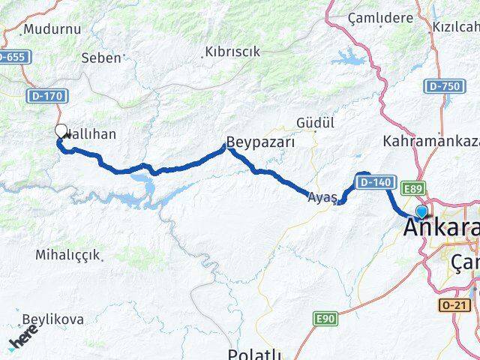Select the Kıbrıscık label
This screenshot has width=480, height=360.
coord(232,52)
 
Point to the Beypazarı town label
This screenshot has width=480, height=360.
coord(262,141)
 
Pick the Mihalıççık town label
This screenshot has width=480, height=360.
coord(67,255)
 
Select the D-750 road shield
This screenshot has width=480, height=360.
coord(445,87)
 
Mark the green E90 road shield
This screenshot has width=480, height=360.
coord(325,319)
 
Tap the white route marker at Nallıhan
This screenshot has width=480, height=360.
coord(61,131)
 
